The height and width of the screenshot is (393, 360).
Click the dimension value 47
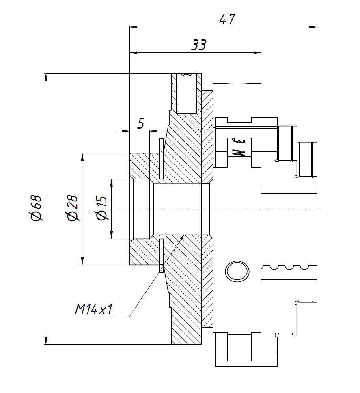coord(227,19)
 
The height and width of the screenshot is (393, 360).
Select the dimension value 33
coord(199,45)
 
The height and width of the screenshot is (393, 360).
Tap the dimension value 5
coord(140,123)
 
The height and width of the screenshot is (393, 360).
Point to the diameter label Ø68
coord(36,208)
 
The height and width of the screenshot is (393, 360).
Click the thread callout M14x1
coord(93,310)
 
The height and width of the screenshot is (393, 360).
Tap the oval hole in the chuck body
coord(237,271)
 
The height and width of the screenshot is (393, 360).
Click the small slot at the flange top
coord(187,75)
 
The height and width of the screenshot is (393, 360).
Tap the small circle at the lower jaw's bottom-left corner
coord(277,335)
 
